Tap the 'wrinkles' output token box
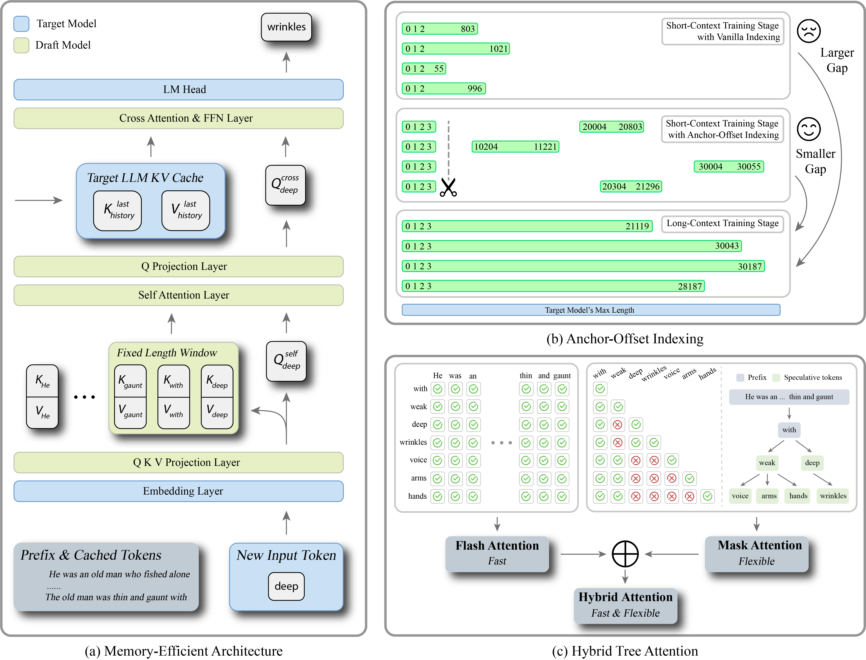click(286, 27)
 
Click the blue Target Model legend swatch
click(21, 24)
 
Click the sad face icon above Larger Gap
click(809, 31)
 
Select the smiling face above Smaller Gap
click(809, 129)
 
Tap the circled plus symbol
click(625, 554)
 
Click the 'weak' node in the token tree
click(767, 463)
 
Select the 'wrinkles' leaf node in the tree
click(833, 496)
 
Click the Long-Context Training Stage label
click(722, 224)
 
